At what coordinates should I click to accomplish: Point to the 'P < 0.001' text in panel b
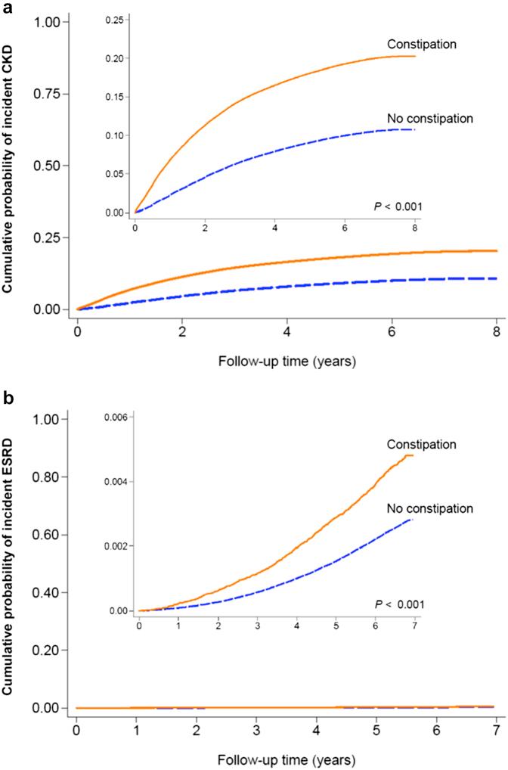pos(400,604)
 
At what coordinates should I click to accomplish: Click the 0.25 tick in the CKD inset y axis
pos(116,20)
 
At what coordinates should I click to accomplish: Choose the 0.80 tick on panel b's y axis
pos(48,477)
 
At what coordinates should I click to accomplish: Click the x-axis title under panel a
pos(287,362)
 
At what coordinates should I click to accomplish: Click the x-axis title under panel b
pos(287,759)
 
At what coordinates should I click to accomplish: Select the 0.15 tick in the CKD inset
pos(116,97)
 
